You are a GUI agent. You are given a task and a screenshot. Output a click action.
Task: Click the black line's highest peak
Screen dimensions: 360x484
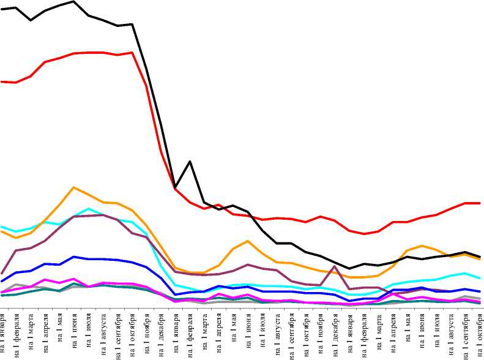[74, 2]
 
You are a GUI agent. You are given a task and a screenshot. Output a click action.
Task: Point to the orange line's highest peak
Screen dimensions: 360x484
[74, 187]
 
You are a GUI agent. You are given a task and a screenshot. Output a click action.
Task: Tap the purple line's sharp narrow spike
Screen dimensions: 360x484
[334, 266]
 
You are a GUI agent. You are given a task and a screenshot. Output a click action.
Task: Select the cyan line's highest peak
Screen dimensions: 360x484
[89, 209]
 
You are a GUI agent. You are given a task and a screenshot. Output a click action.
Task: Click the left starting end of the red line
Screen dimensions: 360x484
[1, 81]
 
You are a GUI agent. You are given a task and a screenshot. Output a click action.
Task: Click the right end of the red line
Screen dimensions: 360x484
[481, 203]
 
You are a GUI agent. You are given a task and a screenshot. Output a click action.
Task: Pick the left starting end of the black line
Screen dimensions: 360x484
[1, 9]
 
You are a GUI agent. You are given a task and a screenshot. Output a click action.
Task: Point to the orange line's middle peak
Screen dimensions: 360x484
[247, 241]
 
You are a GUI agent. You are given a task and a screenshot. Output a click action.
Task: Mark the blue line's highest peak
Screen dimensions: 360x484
[74, 257]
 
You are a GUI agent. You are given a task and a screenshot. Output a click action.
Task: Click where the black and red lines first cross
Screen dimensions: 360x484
[176, 187]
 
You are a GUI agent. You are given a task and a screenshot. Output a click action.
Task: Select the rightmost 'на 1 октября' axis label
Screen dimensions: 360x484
[480, 333]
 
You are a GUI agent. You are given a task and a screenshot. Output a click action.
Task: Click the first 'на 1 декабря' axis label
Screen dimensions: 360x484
[161, 333]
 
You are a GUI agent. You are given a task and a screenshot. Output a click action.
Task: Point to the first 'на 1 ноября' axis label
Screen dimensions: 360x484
[147, 334]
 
